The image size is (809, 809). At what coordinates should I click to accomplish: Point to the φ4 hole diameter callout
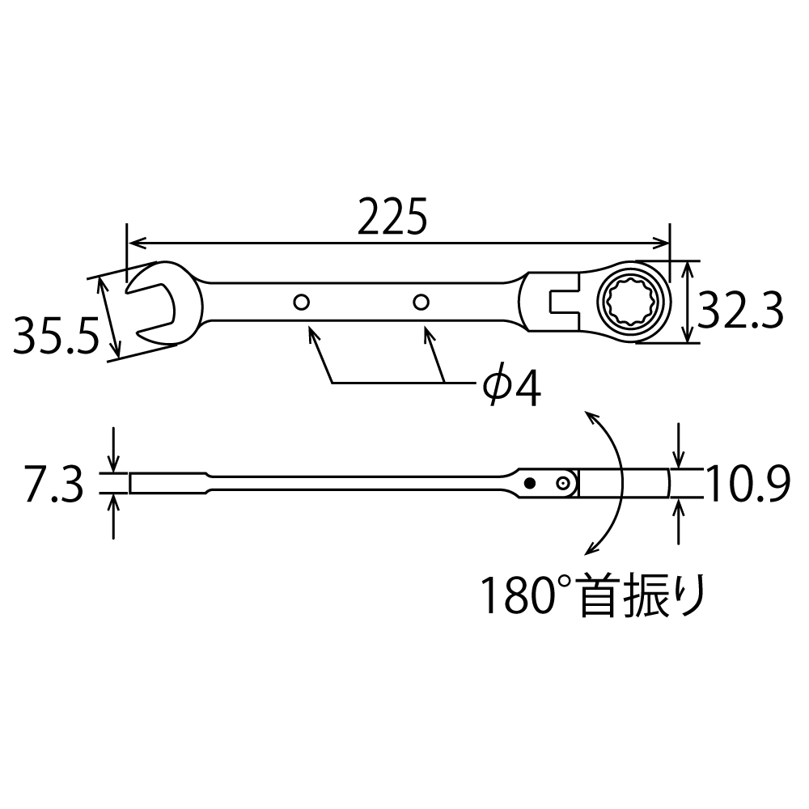pos(510,389)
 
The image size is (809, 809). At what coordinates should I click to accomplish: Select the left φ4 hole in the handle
pos(301,303)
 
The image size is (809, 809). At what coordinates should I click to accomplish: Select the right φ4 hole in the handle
pos(419,303)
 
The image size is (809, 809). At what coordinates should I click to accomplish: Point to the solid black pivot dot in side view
pos(529,483)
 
